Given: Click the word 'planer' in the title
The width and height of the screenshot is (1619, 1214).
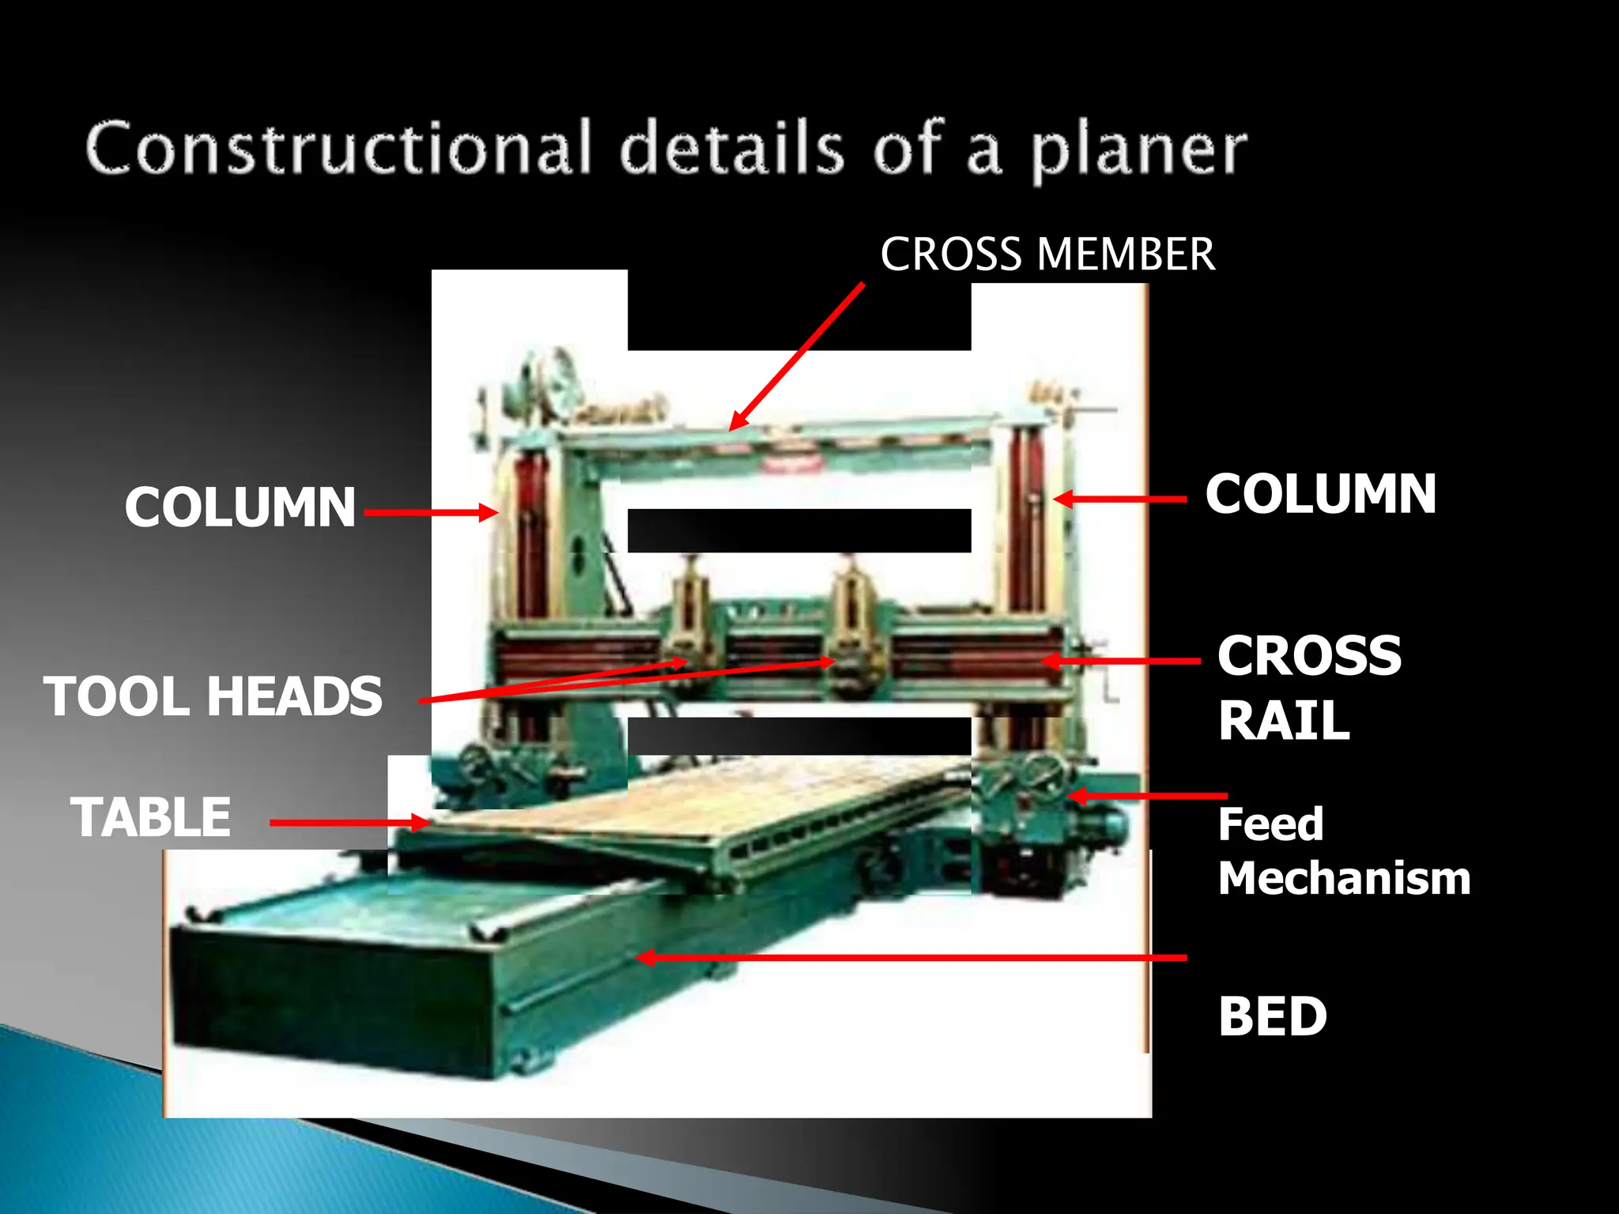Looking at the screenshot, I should (1138, 150).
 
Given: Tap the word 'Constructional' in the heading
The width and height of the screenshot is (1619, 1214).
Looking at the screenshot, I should (338, 148).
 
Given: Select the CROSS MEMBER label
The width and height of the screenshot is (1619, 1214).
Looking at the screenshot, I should (1047, 254).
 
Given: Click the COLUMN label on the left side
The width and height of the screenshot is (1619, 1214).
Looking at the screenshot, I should (240, 507).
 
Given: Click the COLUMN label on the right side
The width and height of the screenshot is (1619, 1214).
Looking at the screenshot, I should (1320, 495).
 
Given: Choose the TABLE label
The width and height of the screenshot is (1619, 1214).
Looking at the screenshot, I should (151, 817).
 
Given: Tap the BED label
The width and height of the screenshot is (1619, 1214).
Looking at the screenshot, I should (1272, 1016).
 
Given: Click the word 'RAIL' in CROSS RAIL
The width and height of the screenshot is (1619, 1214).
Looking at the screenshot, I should (1284, 721).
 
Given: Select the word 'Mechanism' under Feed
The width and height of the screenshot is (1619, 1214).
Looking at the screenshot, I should (1344, 878).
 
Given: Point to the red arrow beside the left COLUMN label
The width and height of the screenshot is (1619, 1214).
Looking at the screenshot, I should (431, 512).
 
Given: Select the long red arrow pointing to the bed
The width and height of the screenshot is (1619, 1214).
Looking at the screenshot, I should (909, 958).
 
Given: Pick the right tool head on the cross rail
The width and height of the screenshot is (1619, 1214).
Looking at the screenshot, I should (851, 624).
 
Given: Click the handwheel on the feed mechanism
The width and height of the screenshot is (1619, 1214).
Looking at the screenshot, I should (1042, 771).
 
